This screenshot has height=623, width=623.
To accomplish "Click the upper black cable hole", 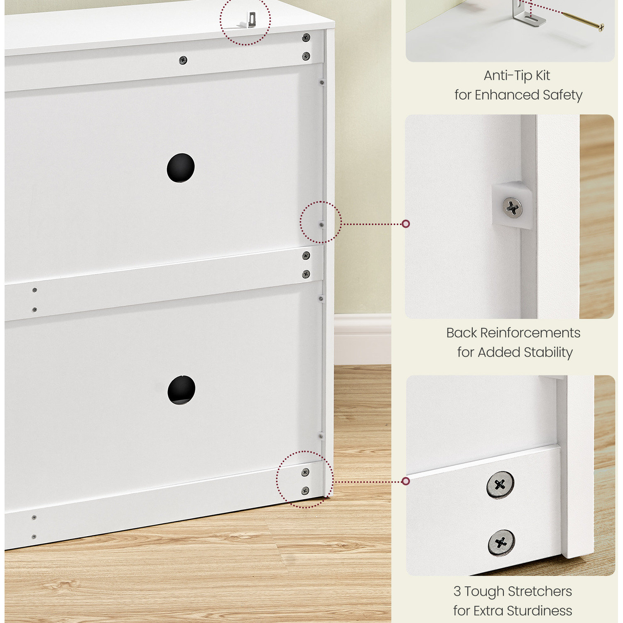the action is point(181,168).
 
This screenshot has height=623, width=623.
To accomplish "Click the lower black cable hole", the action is point(182,390).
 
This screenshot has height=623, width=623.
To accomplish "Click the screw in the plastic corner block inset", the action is point(513,207).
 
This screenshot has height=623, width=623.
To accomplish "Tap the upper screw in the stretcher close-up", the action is point(500,485).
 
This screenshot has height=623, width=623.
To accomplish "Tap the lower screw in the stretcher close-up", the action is point(501,543).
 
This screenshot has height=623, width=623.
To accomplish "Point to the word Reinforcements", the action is point(530,333).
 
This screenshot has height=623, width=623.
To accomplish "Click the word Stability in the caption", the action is point(548,352).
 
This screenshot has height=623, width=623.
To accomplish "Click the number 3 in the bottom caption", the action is point(457,591).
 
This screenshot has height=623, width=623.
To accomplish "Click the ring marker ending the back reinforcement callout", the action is point(406,224).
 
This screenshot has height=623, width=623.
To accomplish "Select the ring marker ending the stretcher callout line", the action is point(406,481).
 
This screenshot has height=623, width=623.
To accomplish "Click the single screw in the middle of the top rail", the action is point(183,60).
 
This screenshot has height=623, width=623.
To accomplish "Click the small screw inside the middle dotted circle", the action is point(321,225).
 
